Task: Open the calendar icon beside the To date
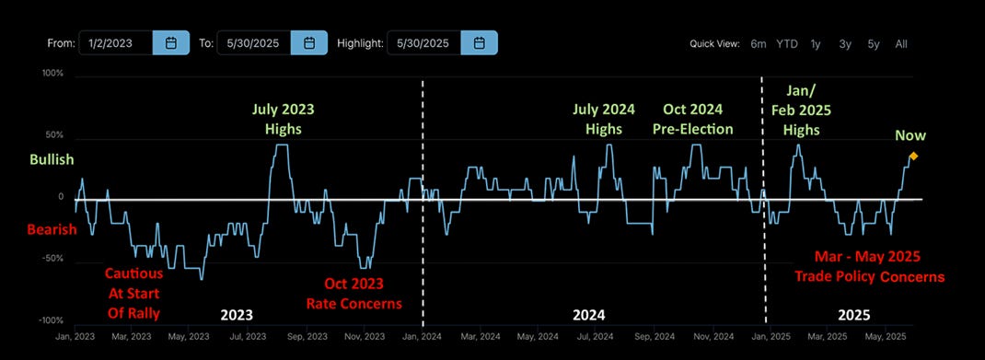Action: [309, 42]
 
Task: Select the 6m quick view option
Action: [759, 43]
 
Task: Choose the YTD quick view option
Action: [786, 43]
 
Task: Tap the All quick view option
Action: [900, 43]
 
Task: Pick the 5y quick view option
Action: [873, 43]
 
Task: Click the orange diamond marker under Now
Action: [913, 156]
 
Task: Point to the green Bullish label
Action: [52, 160]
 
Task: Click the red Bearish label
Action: [52, 229]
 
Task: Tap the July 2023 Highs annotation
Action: [283, 119]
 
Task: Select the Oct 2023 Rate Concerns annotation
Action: [353, 293]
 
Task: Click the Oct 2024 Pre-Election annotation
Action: [691, 119]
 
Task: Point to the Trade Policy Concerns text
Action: [870, 276]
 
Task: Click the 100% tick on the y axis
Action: [52, 72]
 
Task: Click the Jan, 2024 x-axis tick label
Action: [421, 338]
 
